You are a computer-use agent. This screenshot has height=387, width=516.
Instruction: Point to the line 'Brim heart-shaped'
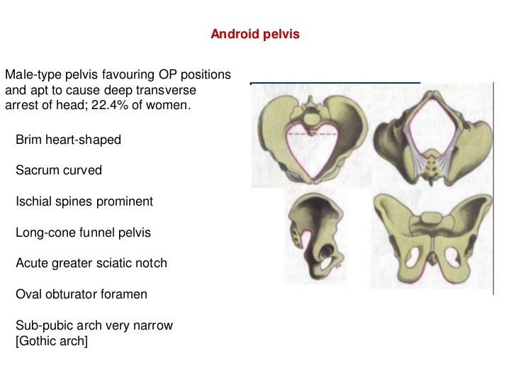coord(68,140)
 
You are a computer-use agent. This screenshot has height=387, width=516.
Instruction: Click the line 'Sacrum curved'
coord(59,171)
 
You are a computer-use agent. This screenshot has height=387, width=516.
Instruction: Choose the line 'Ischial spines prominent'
coord(84,202)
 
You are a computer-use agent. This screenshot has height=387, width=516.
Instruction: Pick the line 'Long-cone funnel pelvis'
coord(83,232)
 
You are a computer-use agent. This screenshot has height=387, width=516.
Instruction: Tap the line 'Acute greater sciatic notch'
coord(91,264)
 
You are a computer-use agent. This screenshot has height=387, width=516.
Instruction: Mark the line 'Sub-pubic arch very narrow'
coord(94,326)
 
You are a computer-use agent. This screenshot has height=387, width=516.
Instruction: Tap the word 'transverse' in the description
coord(170,91)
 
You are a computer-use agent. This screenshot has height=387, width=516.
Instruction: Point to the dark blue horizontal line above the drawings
coord(335,83)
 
